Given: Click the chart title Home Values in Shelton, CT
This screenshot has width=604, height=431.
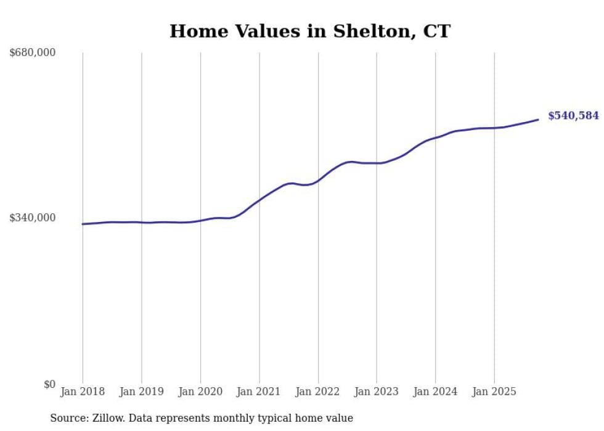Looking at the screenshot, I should [x=310, y=31].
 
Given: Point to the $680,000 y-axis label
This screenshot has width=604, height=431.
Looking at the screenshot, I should [x=33, y=53].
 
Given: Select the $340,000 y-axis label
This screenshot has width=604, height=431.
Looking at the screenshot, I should [x=33, y=218].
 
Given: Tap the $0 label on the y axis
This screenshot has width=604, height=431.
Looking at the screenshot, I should [x=49, y=385].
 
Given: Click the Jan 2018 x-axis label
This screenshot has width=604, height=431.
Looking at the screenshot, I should [x=83, y=392].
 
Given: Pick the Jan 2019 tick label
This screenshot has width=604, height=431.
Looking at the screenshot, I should [x=142, y=392].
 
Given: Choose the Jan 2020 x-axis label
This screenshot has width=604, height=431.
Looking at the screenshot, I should [x=200, y=392].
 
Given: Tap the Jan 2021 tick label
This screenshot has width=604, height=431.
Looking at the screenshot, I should [x=259, y=392].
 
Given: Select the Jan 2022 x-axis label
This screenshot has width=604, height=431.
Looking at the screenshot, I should [x=318, y=392].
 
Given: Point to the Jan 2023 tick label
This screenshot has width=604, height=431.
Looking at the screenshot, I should [x=377, y=392].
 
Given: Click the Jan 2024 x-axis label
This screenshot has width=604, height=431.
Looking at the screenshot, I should [x=435, y=392].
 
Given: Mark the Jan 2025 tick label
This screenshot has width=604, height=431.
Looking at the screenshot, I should [x=494, y=392].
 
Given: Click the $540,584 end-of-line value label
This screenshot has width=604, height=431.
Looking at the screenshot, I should [x=573, y=116].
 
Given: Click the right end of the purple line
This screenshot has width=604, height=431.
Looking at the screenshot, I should [x=538, y=120].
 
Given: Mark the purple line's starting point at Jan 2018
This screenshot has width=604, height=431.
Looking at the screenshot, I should [x=83, y=224].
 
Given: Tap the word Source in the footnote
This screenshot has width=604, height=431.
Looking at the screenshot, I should [x=66, y=419].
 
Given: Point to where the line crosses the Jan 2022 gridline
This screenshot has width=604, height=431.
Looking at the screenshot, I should [x=318, y=181].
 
